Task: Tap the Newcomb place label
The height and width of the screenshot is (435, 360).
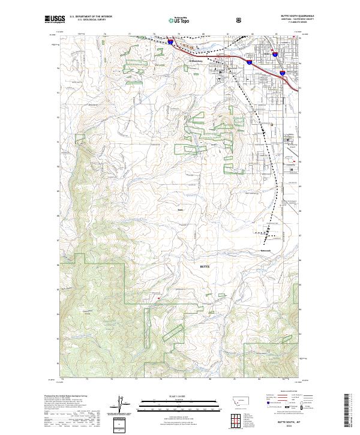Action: coord(266,250)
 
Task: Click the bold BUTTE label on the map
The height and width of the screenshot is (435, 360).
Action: coord(205,265)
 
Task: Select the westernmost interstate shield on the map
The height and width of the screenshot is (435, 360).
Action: coord(171,43)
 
